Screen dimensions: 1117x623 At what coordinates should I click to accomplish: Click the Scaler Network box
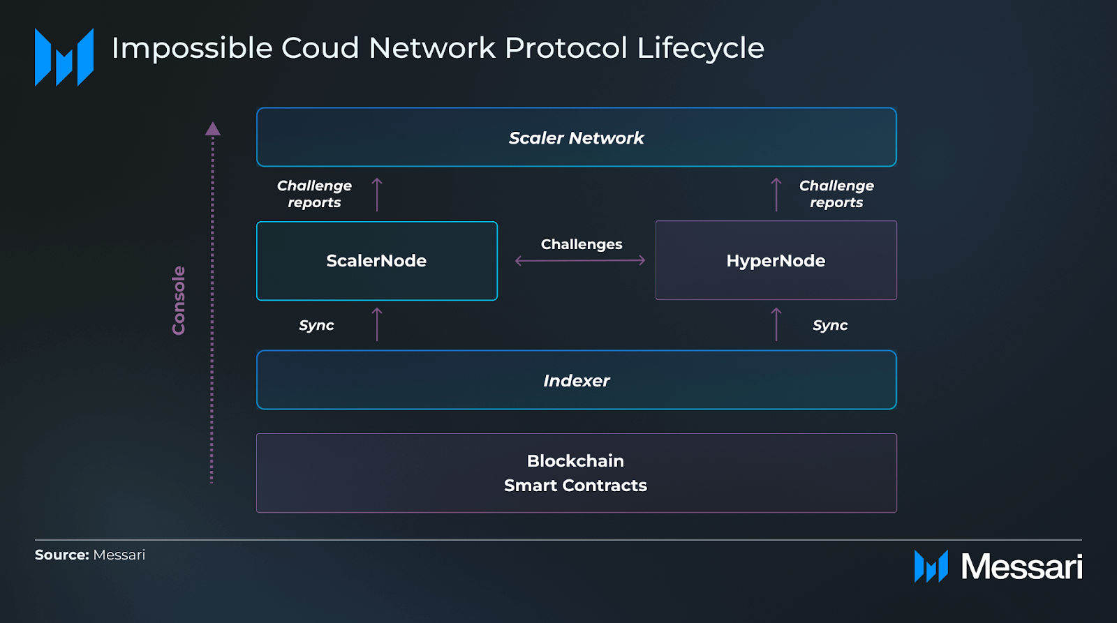click(x=577, y=137)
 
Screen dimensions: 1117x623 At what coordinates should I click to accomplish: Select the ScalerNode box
click(x=377, y=261)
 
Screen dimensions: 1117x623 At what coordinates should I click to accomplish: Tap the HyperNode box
click(x=776, y=260)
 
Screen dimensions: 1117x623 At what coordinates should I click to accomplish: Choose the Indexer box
click(x=577, y=380)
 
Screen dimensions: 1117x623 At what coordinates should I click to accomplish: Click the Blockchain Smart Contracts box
click(x=577, y=473)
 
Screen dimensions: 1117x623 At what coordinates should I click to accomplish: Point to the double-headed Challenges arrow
click(x=580, y=260)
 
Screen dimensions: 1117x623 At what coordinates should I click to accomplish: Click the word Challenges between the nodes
click(x=582, y=244)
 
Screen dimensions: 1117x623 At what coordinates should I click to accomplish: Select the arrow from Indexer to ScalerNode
click(x=377, y=324)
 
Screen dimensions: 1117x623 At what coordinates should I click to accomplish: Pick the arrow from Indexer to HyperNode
click(x=776, y=324)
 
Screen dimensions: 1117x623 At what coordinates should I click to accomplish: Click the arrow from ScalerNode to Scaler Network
click(x=377, y=195)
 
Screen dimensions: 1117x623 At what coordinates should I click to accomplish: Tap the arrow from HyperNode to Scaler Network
click(x=776, y=195)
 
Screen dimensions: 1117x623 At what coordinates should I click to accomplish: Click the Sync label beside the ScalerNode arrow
click(x=316, y=326)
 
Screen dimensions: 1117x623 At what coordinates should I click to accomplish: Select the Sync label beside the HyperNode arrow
click(x=830, y=326)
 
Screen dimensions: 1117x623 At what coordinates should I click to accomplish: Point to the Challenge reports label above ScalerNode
click(x=314, y=194)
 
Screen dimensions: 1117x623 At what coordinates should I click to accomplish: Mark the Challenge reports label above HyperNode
click(x=836, y=194)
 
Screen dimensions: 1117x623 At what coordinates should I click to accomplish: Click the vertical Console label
click(x=179, y=301)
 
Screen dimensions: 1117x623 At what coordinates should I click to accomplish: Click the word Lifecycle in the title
click(x=700, y=48)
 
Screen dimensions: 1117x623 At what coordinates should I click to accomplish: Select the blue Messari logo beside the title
click(x=64, y=57)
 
